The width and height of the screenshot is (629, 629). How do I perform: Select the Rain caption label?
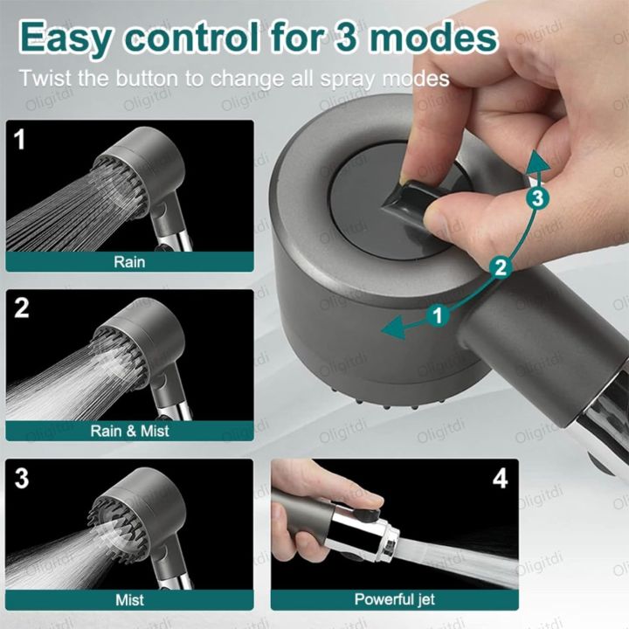pos(129,260)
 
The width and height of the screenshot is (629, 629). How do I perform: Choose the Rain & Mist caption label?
pos(129,430)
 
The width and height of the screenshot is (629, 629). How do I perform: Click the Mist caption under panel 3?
pos(129,599)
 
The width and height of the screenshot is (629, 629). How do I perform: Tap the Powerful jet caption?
pos(394,599)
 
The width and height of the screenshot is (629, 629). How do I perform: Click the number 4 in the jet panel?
pos(499,478)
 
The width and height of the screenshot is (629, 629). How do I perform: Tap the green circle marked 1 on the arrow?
pos(439,314)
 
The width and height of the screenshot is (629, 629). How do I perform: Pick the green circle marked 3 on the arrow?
pos(538,198)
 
